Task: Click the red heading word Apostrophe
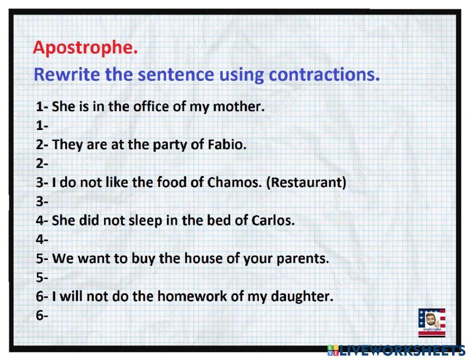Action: coord(85,48)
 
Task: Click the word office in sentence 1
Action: coord(150,107)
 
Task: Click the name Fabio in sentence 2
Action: coord(227,145)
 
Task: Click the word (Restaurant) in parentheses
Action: coord(306,182)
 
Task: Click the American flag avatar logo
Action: coord(431,322)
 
